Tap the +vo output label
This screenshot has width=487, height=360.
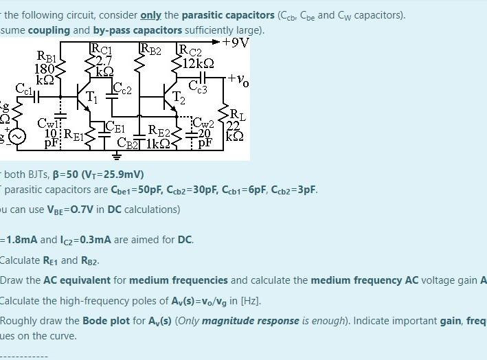click(238, 80)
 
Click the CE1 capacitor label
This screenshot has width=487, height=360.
click(115, 127)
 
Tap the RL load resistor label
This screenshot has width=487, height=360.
click(235, 114)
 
